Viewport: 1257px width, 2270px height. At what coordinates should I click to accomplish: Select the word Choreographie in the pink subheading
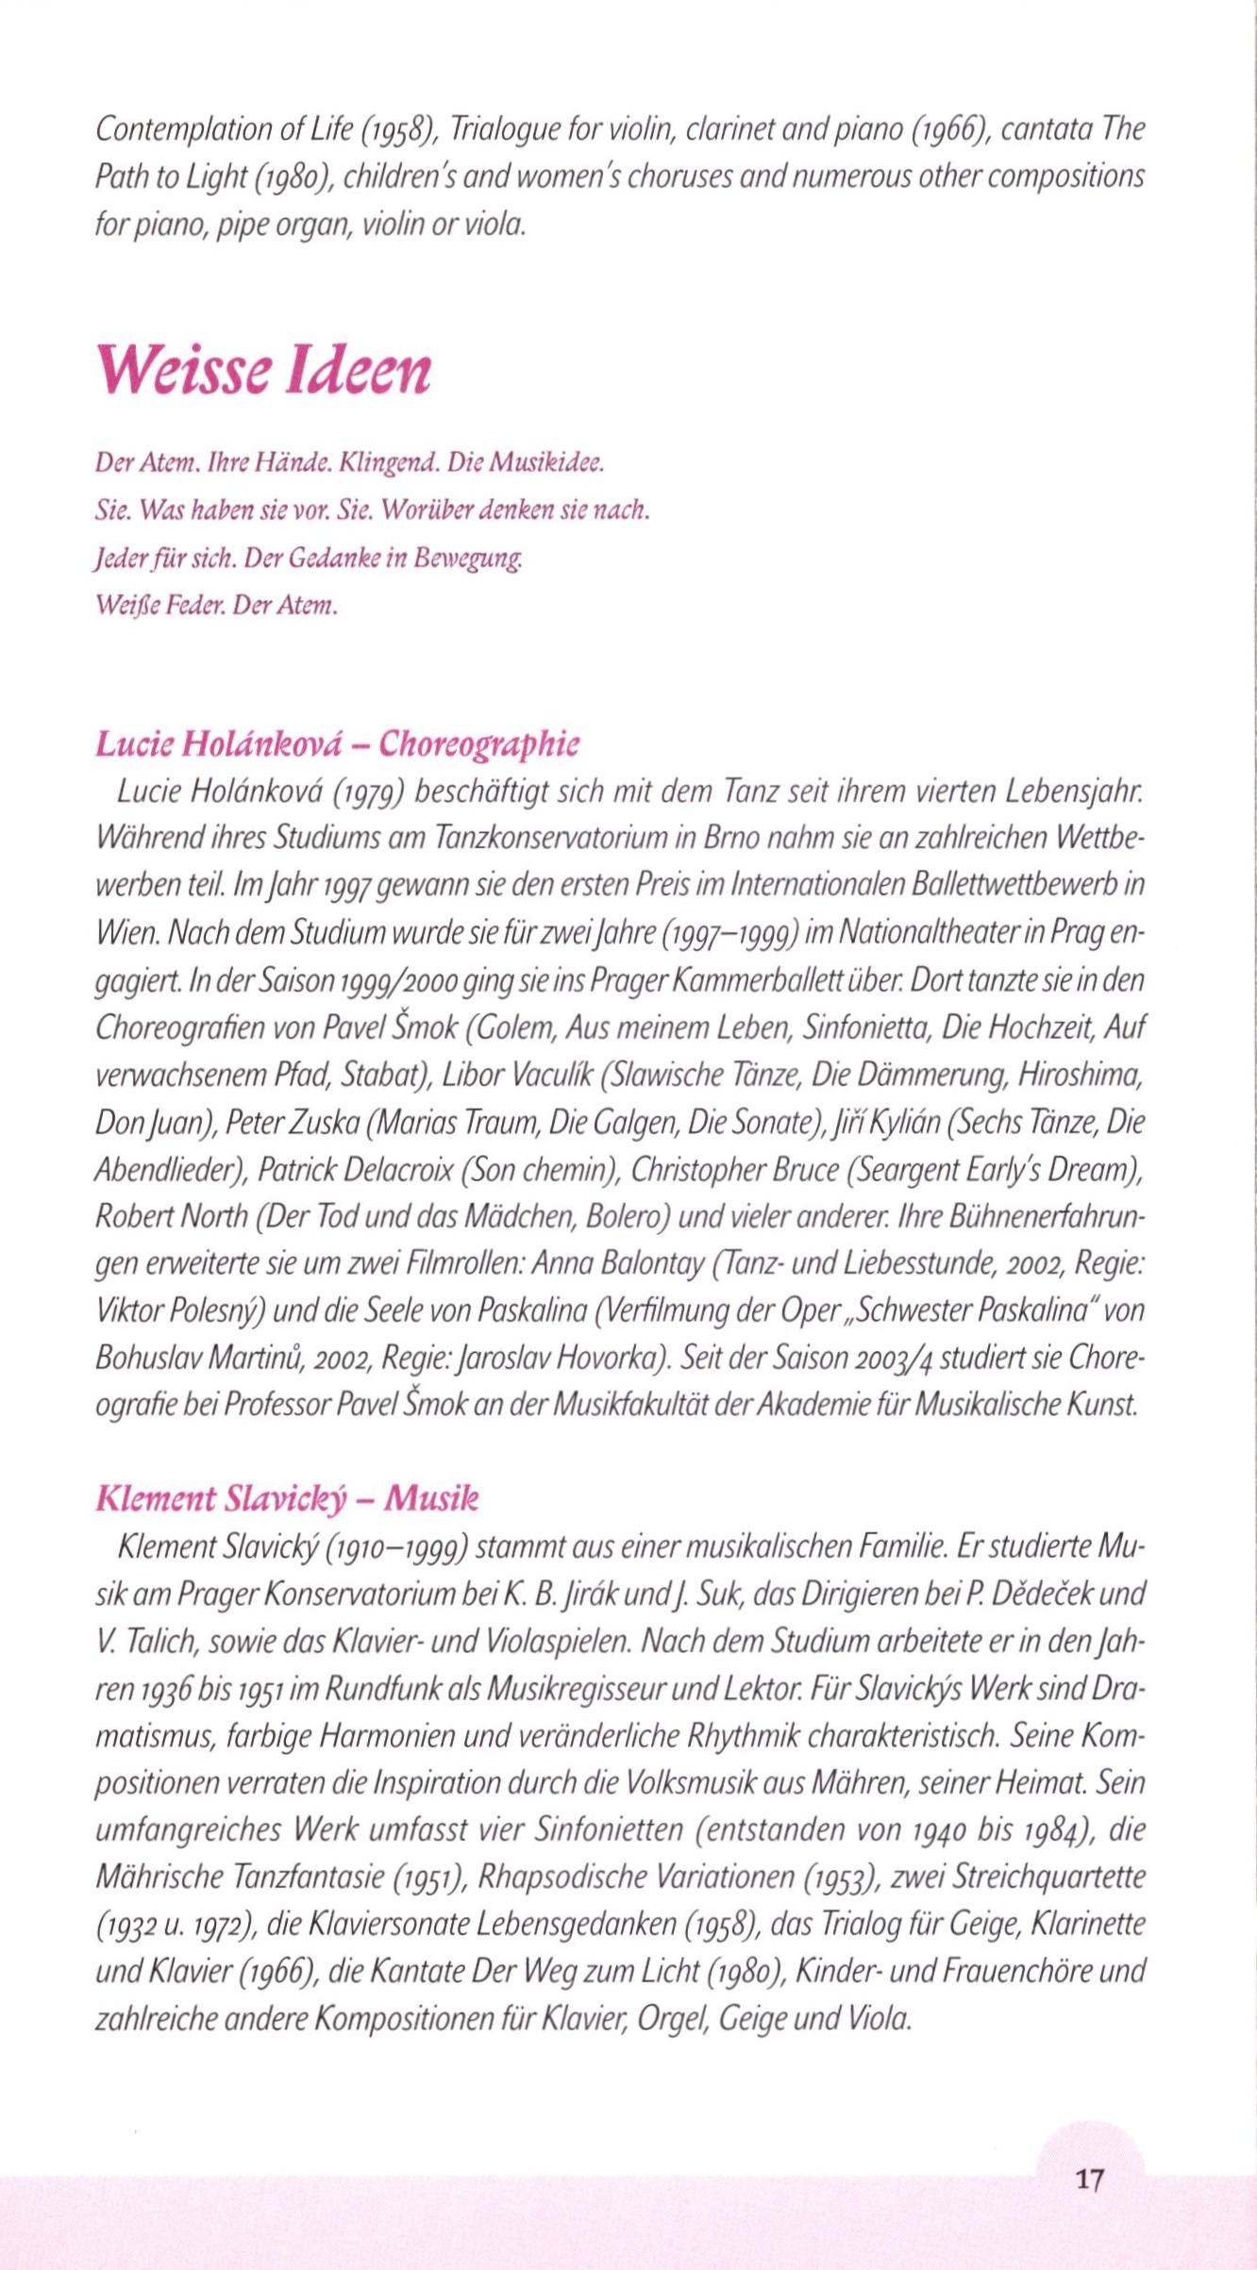[479, 744]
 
